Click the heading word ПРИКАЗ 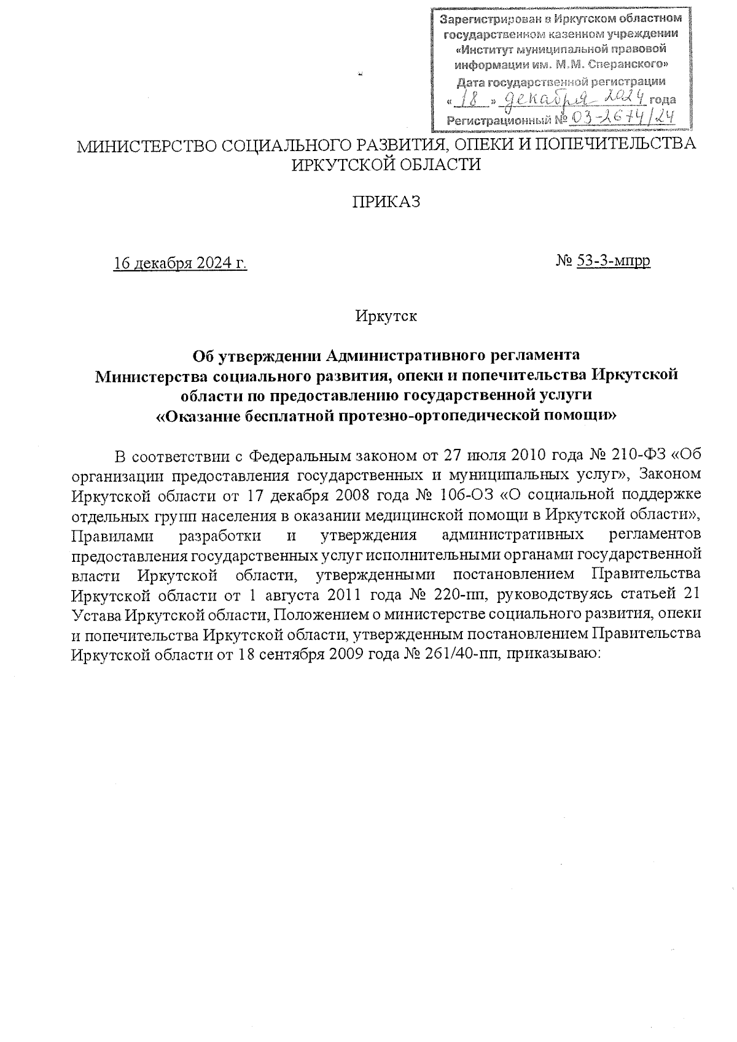[x=386, y=202]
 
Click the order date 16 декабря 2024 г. [x=180, y=263]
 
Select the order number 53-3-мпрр [x=614, y=261]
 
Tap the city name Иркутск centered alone [x=386, y=317]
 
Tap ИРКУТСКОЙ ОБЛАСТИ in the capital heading [x=386, y=165]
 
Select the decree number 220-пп [x=457, y=595]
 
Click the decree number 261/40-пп [x=460, y=654]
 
